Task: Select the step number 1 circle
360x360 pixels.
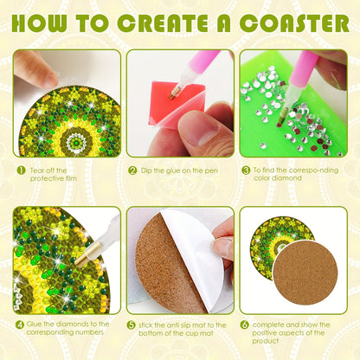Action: (x=19, y=170)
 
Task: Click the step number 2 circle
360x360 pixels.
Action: (x=132, y=170)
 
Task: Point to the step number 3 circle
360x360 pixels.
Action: (x=246, y=170)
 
